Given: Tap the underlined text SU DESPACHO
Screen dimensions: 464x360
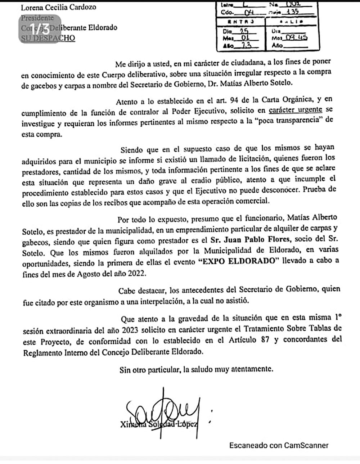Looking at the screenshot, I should pos(48,38).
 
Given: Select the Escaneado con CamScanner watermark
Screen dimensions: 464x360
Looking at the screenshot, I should pos(279,445).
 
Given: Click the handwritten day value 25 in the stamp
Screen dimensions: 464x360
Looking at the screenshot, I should pos(244,31).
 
